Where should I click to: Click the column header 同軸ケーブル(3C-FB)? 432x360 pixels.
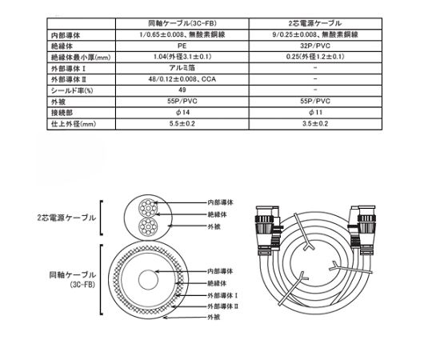coord(182,23)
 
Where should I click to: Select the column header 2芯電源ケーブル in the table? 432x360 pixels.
coord(315,23)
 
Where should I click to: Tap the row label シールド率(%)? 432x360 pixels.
coord(72,90)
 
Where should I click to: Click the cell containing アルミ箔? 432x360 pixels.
coord(182,68)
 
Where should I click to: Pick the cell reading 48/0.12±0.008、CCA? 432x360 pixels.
coord(182,79)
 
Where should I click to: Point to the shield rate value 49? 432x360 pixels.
coord(182,90)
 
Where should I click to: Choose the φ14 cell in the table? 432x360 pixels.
coord(182,112)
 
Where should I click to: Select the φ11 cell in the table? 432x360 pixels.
coord(315,112)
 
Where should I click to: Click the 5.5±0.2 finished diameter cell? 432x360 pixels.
coord(182,124)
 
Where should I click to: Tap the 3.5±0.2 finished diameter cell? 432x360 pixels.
coord(315,124)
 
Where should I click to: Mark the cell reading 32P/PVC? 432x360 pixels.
coord(315,46)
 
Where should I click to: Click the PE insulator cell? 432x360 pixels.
coord(182,46)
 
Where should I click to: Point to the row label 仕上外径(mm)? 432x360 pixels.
coord(74,124)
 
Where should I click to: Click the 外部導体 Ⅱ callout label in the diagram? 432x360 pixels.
coord(223,306)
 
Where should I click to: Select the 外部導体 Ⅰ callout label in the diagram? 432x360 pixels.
coord(222,295)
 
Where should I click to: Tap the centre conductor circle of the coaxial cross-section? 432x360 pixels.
coord(148,280)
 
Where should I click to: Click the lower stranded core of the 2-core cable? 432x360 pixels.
coord(148,227)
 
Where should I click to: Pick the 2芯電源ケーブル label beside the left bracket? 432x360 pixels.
coord(66,218)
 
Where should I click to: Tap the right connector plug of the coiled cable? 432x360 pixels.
coord(362,229)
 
